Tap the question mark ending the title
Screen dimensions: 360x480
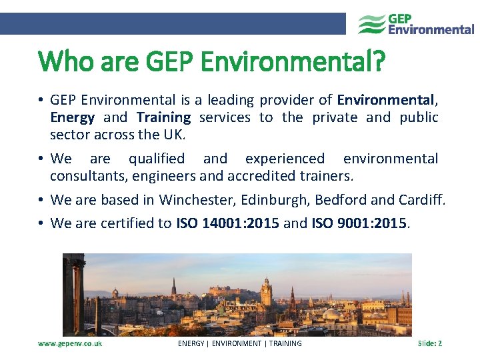click(x=379, y=63)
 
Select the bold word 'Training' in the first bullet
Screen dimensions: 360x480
click(x=163, y=117)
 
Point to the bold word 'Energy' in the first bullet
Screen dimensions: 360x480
click(x=72, y=117)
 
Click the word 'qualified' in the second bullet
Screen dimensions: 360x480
click(x=157, y=159)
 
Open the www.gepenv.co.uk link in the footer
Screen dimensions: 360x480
click(x=70, y=343)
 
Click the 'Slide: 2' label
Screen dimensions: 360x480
click(x=429, y=343)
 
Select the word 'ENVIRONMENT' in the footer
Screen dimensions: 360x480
click(x=239, y=343)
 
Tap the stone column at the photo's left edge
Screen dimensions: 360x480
click(x=75, y=293)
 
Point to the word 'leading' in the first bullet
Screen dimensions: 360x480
click(x=230, y=100)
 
